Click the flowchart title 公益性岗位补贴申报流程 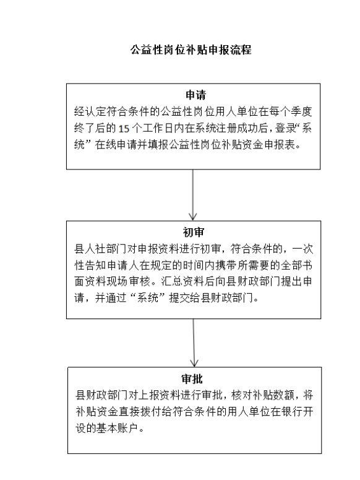click(191, 49)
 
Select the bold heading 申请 click(195, 95)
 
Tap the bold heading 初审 click(194, 233)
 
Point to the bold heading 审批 click(192, 379)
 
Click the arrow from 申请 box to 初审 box click(193, 195)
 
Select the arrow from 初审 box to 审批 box click(194, 343)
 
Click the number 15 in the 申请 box click(124, 129)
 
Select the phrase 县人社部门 click(101, 249)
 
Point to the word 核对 click(242, 395)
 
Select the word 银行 click(282, 412)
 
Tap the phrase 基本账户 click(118, 428)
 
